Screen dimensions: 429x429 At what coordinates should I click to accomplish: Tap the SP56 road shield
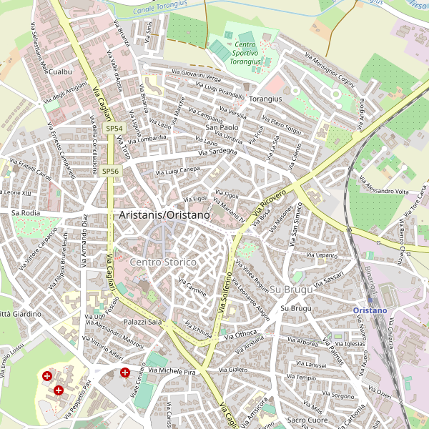point(110,171)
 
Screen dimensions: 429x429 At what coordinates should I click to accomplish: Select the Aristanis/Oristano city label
point(165,214)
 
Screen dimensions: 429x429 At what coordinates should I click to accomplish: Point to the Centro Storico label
point(163,262)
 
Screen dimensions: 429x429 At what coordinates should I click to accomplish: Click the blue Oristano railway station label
point(370,310)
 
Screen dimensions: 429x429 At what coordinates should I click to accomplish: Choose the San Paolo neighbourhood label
point(222,127)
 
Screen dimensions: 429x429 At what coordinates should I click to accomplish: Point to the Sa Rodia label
point(26,213)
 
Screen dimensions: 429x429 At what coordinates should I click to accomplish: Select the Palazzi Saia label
point(144,322)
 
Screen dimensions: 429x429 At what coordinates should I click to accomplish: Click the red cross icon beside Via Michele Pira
point(125,373)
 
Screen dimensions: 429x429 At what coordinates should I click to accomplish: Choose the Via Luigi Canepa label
point(177,171)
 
